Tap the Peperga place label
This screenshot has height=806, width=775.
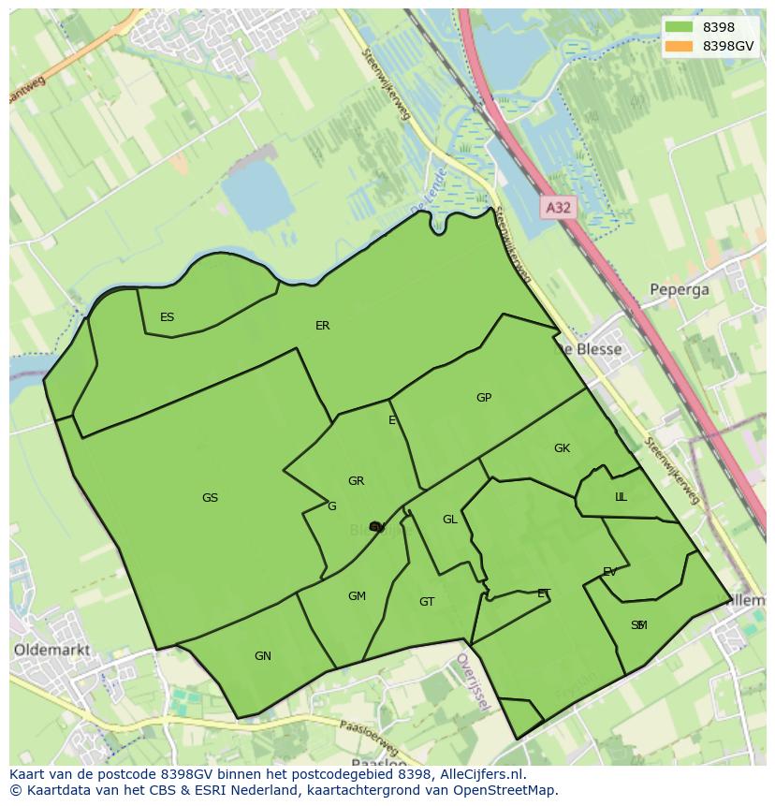680,289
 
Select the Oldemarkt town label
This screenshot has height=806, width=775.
52,649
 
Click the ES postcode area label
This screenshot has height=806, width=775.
167,317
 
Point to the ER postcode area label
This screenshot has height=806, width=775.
322,326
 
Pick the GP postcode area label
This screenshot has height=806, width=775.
483,398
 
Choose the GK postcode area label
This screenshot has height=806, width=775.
562,448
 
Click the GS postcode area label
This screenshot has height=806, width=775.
210,498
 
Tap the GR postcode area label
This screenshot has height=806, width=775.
356,481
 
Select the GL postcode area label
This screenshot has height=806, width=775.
450,520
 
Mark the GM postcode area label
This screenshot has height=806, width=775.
357,596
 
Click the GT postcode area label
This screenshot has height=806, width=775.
427,602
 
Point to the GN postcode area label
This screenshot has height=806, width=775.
263,656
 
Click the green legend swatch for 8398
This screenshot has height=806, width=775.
680,27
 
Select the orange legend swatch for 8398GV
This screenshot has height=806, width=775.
680,46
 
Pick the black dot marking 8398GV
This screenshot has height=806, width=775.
376,528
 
